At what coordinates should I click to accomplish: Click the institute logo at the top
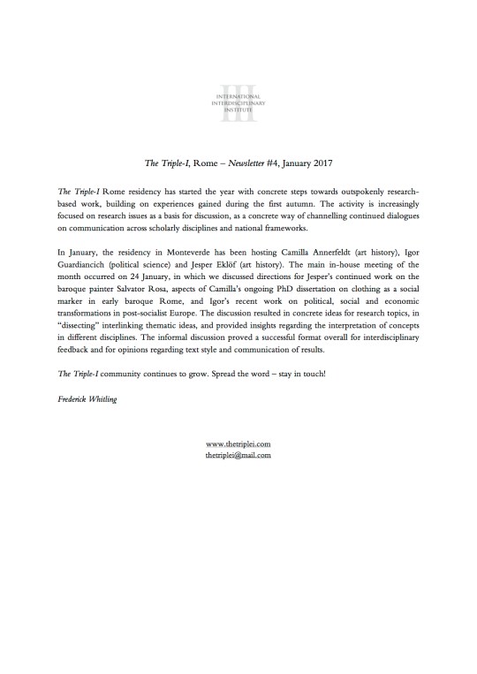tap(238, 96)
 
